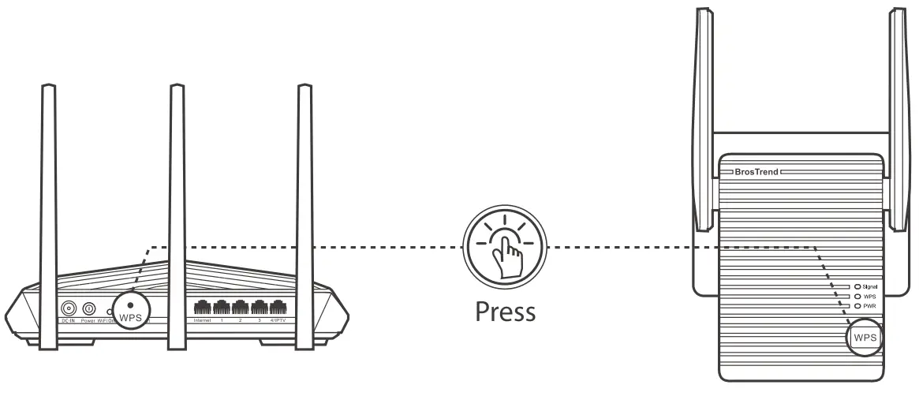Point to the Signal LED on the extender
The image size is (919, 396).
[857, 286]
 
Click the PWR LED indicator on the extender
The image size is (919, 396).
[857, 305]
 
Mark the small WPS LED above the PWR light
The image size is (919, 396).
[857, 296]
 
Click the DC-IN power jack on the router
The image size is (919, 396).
[69, 309]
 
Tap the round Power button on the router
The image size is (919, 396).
[88, 309]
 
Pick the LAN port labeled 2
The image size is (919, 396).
[239, 308]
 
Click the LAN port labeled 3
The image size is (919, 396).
[258, 308]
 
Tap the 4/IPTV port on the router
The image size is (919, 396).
[277, 308]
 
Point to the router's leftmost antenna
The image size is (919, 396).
[48, 181]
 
